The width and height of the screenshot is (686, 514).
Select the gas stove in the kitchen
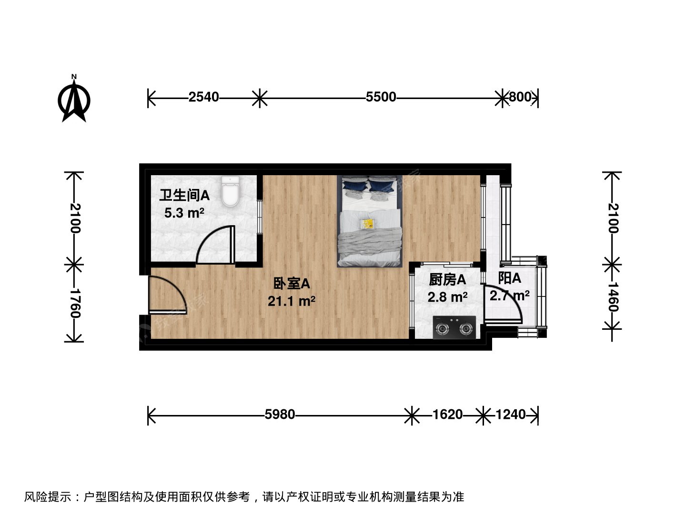click(454, 327)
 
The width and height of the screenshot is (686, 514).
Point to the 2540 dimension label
click(203, 97)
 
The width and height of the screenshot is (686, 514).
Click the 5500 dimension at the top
click(381, 97)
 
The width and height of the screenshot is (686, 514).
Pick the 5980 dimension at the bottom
click(280, 415)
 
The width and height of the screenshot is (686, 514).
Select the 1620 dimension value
click(447, 415)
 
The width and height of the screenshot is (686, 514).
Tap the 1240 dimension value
click(511, 415)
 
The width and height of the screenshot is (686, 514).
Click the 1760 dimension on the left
click(75, 303)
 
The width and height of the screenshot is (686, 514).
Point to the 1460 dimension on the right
click(613, 297)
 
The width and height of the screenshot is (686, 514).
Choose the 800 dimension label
click(520, 97)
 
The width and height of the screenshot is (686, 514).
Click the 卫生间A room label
click(184, 195)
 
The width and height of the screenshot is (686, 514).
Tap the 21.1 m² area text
click(291, 301)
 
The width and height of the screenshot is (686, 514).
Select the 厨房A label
click(447, 280)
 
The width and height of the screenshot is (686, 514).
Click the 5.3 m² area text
click(184, 213)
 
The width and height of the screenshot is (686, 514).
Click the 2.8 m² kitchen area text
click(447, 297)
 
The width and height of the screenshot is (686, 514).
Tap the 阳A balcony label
click(509, 278)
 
